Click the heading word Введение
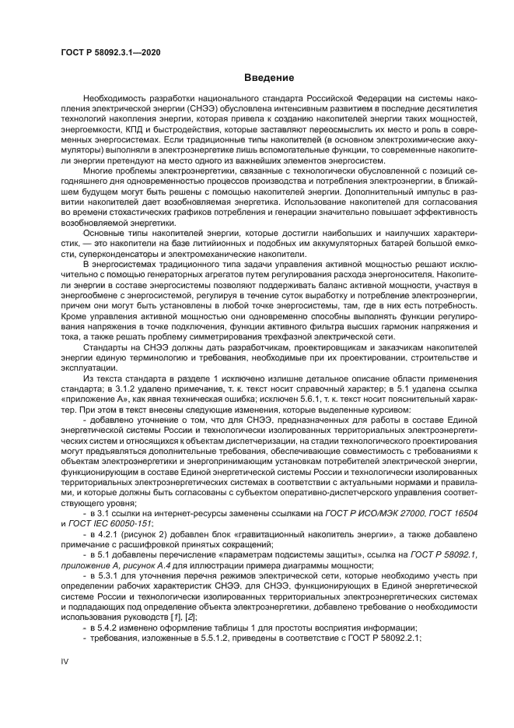(269, 78)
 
